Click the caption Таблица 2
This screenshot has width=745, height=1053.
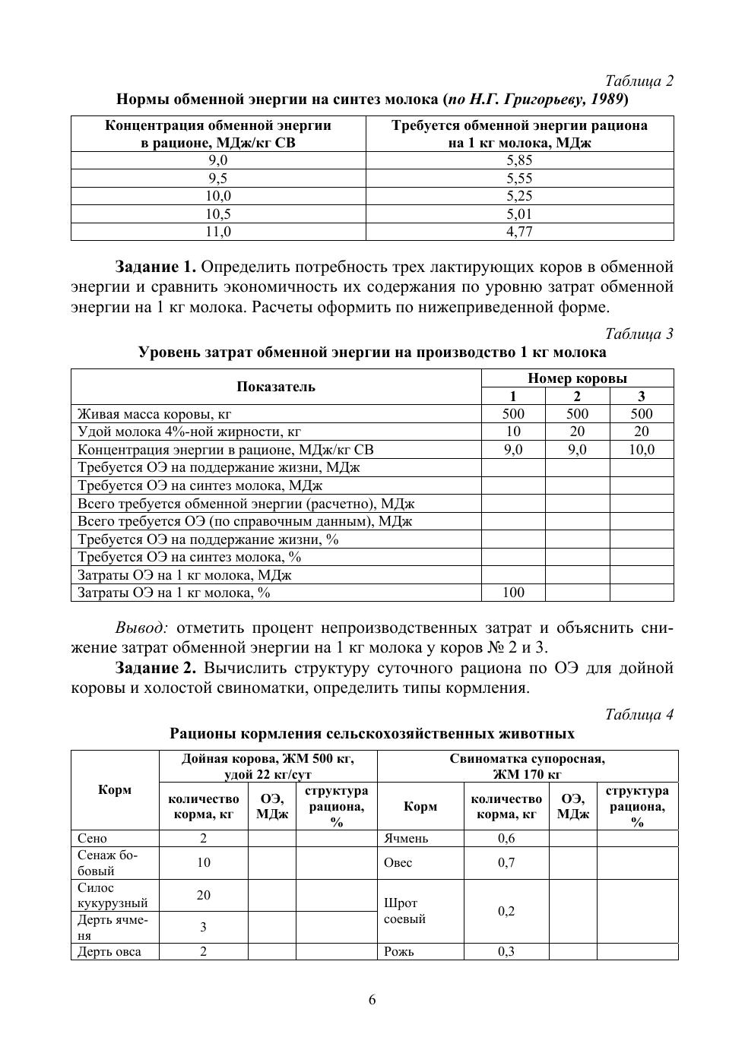tap(639, 81)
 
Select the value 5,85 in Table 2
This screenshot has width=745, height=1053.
tap(519, 160)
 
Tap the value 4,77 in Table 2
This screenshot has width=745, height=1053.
tap(519, 232)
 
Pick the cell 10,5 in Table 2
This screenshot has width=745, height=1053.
tap(218, 214)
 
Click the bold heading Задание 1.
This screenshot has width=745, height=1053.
tap(156, 267)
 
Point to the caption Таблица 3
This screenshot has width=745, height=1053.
tap(639, 334)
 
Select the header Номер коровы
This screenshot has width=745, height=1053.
tap(577, 378)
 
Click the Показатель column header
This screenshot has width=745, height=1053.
tap(276, 387)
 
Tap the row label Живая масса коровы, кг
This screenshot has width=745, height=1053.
tap(154, 414)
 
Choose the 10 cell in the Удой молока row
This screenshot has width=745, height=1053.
tap(513, 432)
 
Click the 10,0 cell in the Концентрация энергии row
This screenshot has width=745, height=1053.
tap(641, 450)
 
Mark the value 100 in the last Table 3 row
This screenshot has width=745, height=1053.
tap(513, 593)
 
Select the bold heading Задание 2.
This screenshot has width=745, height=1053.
tap(156, 668)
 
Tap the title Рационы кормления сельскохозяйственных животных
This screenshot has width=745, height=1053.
tap(372, 734)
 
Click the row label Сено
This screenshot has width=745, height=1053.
tap(93, 839)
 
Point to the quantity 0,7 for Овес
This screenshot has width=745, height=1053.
tap(506, 863)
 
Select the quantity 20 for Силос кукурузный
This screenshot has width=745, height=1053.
tap(203, 896)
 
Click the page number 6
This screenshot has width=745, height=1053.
tap(372, 1000)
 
